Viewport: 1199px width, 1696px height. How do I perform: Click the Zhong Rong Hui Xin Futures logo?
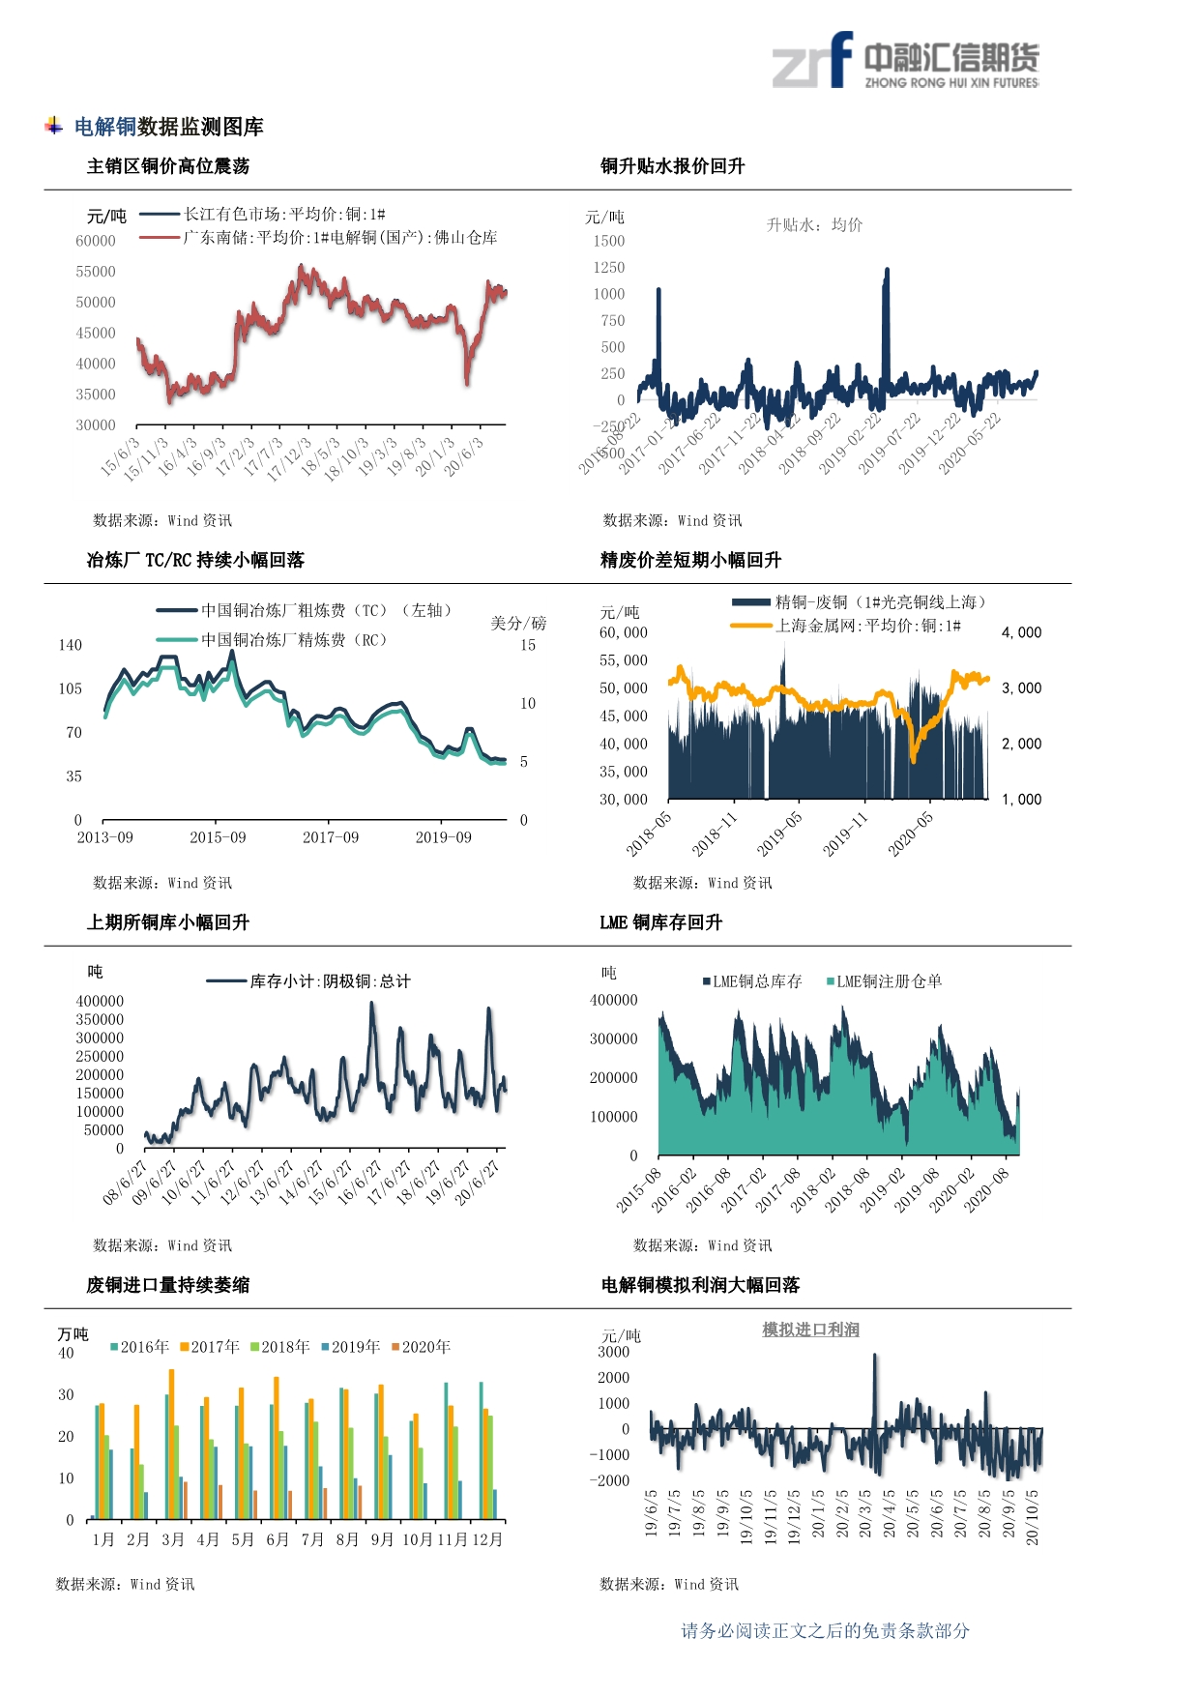pyautogui.click(x=905, y=61)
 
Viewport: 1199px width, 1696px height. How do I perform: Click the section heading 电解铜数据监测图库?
pyautogui.click(x=168, y=127)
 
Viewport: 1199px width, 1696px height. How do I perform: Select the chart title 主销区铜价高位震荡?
pyautogui.click(x=168, y=166)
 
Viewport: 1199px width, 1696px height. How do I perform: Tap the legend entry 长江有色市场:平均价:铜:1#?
pyautogui.click(x=284, y=214)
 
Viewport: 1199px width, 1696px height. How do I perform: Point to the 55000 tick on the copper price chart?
pyautogui.click(x=96, y=272)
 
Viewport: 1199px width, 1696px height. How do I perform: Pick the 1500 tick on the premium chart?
pyautogui.click(x=609, y=241)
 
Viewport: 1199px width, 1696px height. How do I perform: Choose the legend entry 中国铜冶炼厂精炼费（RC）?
pyautogui.click(x=294, y=639)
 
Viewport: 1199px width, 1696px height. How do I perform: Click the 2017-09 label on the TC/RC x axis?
pyautogui.click(x=331, y=837)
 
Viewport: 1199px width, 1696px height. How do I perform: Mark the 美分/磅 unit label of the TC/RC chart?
pyautogui.click(x=518, y=623)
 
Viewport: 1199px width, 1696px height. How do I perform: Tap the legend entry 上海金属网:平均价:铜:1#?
pyautogui.click(x=867, y=626)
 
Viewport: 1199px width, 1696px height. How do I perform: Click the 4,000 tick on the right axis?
pyautogui.click(x=1021, y=632)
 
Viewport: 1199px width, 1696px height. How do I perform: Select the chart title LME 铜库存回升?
pyautogui.click(x=660, y=922)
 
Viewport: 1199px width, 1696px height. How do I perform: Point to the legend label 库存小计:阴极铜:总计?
pyautogui.click(x=330, y=981)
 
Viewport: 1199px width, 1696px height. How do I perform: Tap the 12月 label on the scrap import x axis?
pyautogui.click(x=488, y=1539)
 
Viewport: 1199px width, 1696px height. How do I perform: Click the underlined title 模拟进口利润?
pyautogui.click(x=810, y=1330)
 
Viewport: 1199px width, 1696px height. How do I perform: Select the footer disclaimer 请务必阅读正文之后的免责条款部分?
pyautogui.click(x=825, y=1631)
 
